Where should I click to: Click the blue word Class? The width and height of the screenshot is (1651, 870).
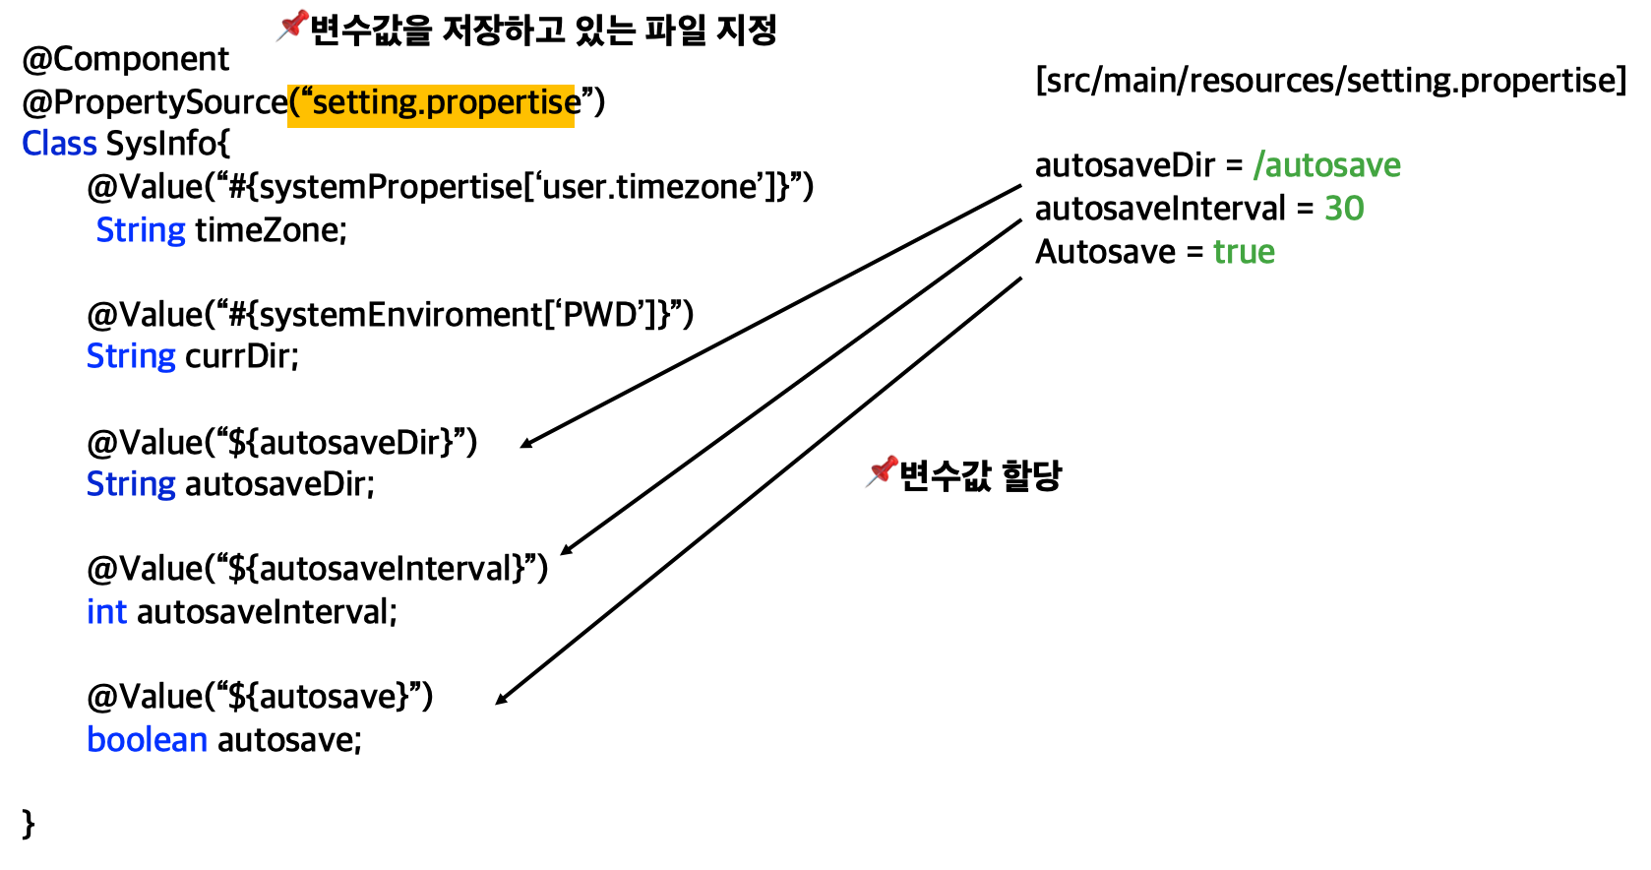[x=59, y=144]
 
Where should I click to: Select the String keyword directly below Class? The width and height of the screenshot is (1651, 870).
[x=141, y=230]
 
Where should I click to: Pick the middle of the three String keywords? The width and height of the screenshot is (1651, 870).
[x=131, y=356]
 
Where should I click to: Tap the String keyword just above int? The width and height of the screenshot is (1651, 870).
[x=131, y=484]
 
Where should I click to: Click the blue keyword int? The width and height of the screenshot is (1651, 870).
[x=106, y=612]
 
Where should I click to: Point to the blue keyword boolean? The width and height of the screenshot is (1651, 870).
[x=147, y=740]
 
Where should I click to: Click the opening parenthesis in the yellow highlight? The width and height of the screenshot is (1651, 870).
[x=293, y=102]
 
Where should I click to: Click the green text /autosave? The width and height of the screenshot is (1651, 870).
[x=1326, y=165]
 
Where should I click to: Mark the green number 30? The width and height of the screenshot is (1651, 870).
[x=1344, y=209]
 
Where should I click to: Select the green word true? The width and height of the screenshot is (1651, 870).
[x=1244, y=252]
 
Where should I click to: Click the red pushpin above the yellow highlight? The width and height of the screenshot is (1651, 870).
[x=293, y=25]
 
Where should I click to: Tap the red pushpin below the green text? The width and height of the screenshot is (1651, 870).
[x=883, y=470]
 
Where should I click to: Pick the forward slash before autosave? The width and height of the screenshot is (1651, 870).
[x=1258, y=165]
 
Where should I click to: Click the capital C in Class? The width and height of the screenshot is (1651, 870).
[x=31, y=144]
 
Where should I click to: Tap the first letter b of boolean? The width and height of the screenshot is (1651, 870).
[x=95, y=739]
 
